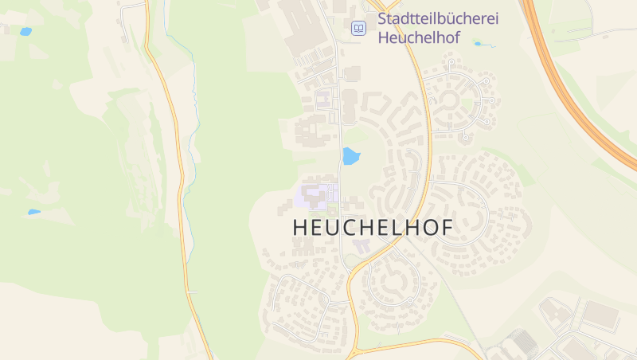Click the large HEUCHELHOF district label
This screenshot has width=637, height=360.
373,227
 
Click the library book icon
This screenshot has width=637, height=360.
359,29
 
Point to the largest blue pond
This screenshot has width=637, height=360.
350,156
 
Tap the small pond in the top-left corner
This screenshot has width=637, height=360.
25,32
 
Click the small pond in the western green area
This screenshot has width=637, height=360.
33,212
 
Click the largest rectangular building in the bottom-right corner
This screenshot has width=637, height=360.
600,316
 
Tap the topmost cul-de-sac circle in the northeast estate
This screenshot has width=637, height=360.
451,61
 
